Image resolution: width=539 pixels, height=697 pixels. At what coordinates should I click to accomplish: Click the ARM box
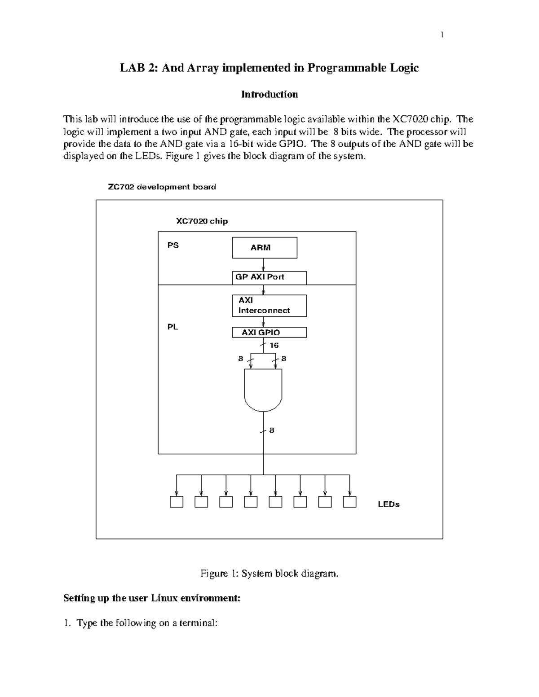(x=264, y=248)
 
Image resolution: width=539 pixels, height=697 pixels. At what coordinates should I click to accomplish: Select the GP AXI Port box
(x=269, y=277)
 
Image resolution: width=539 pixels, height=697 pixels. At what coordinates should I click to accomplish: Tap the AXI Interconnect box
(x=269, y=306)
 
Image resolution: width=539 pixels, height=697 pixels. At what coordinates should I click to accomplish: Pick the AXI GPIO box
(x=269, y=333)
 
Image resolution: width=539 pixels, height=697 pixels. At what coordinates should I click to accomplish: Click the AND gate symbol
(x=263, y=389)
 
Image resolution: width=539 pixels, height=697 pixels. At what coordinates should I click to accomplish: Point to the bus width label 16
(x=274, y=346)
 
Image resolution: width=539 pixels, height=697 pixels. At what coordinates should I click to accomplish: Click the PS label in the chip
(x=173, y=245)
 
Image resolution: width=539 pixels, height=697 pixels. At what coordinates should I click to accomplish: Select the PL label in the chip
(x=173, y=327)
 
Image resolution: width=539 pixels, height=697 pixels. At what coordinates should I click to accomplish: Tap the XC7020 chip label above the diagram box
(x=202, y=221)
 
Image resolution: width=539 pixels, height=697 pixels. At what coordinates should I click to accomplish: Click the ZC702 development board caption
(x=162, y=187)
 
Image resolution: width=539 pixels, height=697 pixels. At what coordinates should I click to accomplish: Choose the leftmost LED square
(x=177, y=502)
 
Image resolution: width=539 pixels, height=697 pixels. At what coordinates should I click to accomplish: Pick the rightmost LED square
(x=349, y=502)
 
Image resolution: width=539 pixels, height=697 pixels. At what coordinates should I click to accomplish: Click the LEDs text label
(x=389, y=504)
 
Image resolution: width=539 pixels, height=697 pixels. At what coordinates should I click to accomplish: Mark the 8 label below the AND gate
(x=272, y=431)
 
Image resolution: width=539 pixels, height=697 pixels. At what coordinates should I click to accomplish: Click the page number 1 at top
(x=442, y=35)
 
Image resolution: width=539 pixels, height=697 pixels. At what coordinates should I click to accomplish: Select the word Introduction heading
(x=269, y=94)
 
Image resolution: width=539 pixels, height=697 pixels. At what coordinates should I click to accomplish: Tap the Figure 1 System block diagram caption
(x=269, y=574)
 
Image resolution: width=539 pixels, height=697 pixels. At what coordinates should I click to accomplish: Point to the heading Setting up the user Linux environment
(x=152, y=598)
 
